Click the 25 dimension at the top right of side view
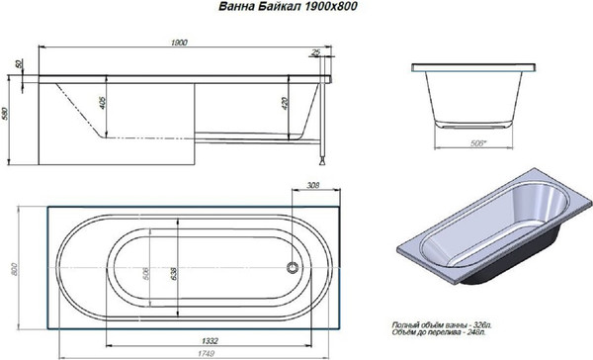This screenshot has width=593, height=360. [315, 53]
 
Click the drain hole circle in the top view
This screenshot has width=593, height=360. [292, 267]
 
